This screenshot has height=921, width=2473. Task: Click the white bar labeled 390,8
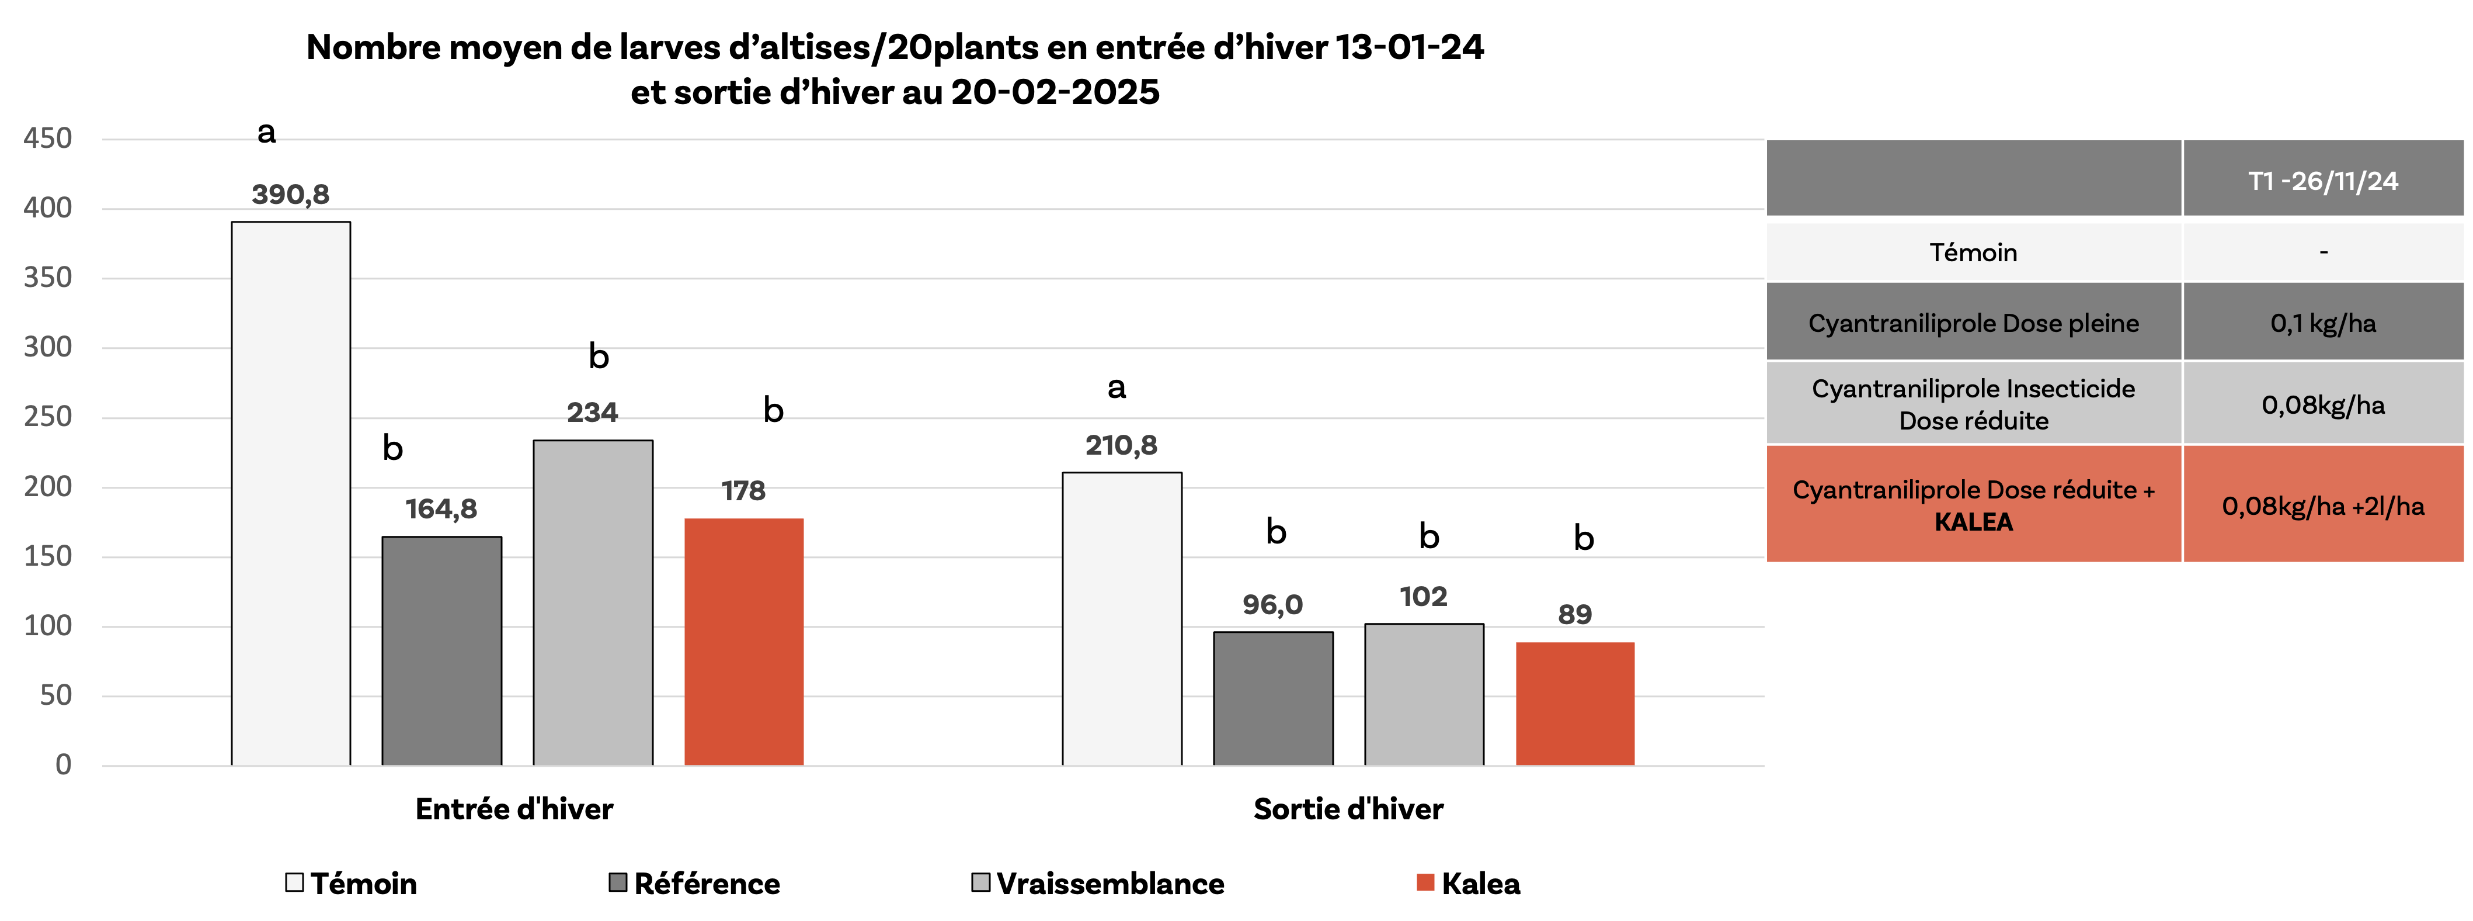(291, 494)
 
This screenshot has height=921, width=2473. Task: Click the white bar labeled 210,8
(1121, 619)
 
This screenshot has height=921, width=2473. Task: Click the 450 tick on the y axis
(48, 139)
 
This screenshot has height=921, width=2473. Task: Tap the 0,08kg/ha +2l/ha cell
(2324, 506)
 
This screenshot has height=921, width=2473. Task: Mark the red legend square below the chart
(1425, 882)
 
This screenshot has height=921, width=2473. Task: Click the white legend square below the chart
(295, 882)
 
